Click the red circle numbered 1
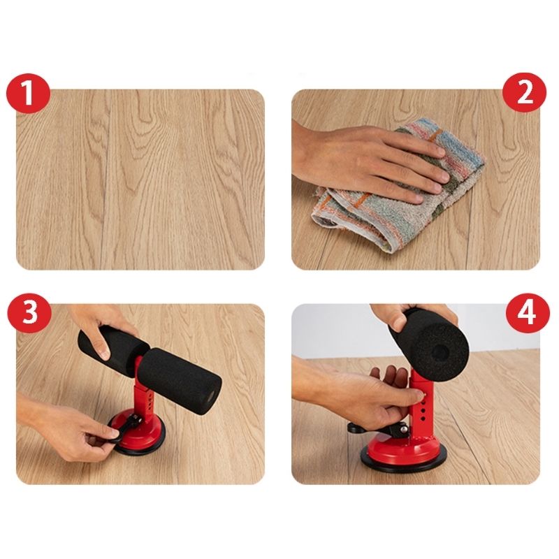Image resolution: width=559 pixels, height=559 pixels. (x=28, y=94)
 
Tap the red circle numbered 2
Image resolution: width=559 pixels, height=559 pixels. (x=524, y=93)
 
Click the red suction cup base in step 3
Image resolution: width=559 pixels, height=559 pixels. (x=137, y=431)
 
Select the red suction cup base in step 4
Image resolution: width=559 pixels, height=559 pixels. (x=403, y=451)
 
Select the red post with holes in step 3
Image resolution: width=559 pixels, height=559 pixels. (x=144, y=395)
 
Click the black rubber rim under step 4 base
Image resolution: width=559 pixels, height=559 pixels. (x=404, y=466)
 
